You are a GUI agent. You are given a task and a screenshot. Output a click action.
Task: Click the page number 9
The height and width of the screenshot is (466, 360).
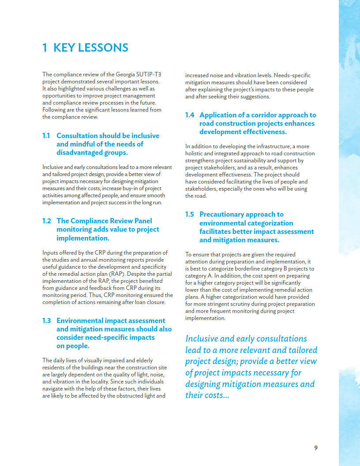pos(315,447)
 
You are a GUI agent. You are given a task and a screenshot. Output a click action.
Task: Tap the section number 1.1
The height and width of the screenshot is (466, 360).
pos(46,136)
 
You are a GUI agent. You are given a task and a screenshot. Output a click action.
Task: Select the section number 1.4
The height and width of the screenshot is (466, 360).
pos(189,115)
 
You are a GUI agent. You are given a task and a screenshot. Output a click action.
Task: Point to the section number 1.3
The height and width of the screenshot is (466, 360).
pos(46,321)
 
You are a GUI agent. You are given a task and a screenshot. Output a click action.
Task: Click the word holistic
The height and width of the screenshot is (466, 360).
pos(195,154)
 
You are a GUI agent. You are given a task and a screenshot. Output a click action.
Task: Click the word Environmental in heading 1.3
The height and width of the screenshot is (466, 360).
pos(83,321)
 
